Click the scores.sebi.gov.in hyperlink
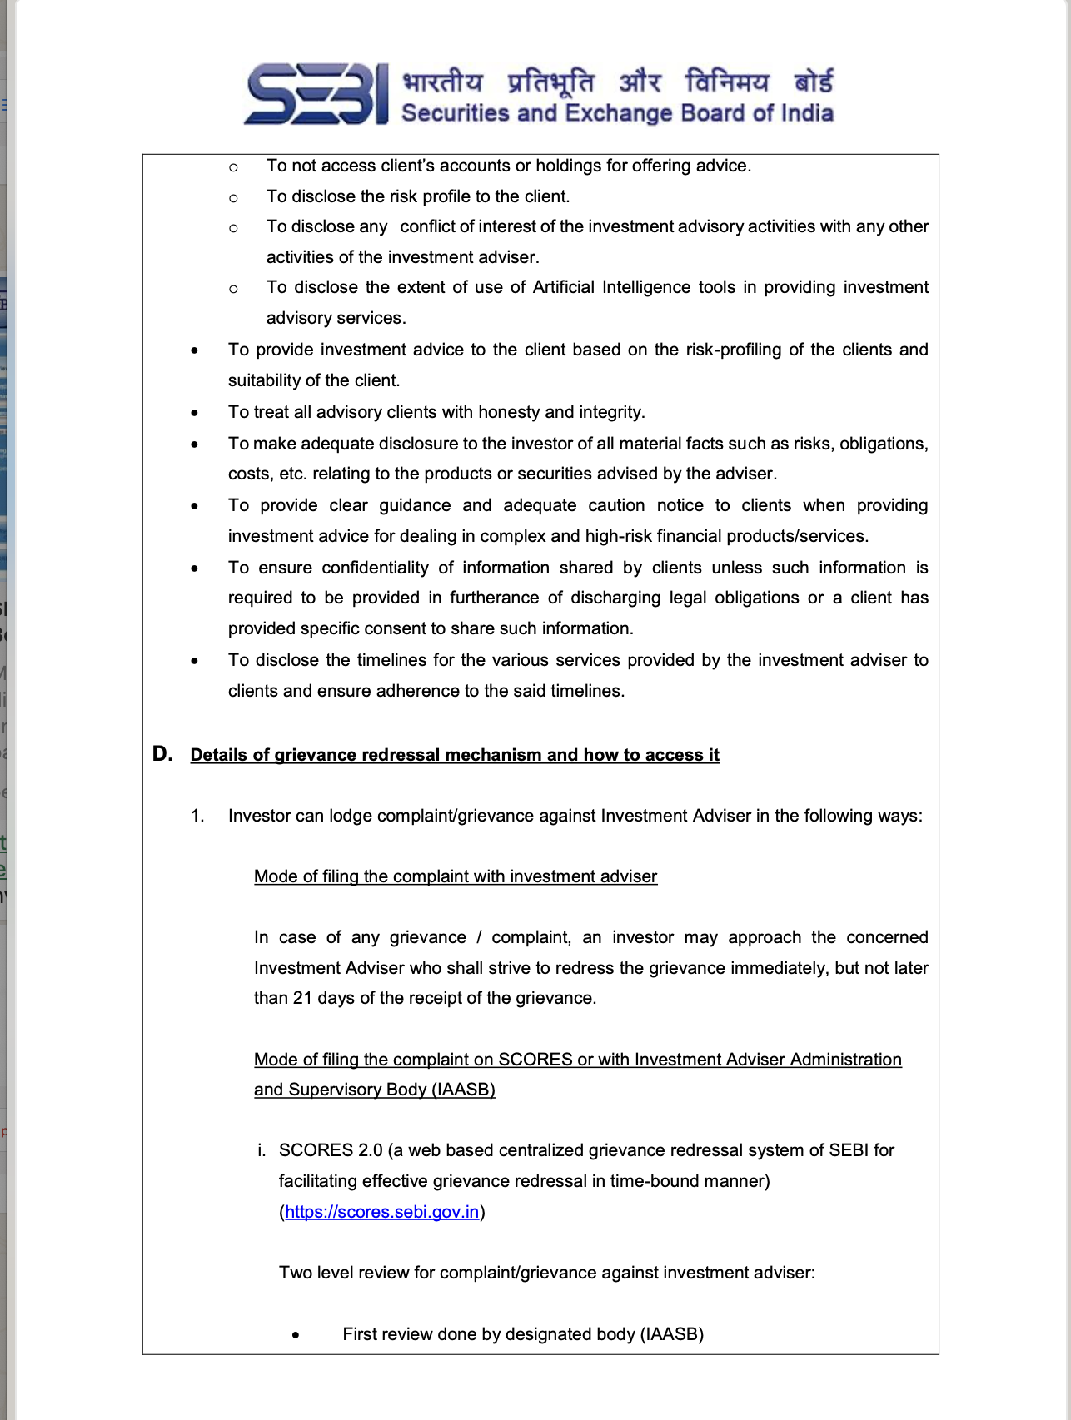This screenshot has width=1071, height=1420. (382, 1212)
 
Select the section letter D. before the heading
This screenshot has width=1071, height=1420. (162, 754)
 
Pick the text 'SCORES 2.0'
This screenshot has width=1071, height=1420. (331, 1150)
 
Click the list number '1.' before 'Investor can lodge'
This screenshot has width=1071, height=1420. (197, 816)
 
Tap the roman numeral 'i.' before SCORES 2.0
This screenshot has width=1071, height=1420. (262, 1150)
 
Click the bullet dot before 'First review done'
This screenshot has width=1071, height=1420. (296, 1335)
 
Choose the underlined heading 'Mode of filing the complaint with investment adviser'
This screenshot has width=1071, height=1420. (456, 876)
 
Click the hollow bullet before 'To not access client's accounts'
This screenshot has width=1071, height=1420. (233, 167)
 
